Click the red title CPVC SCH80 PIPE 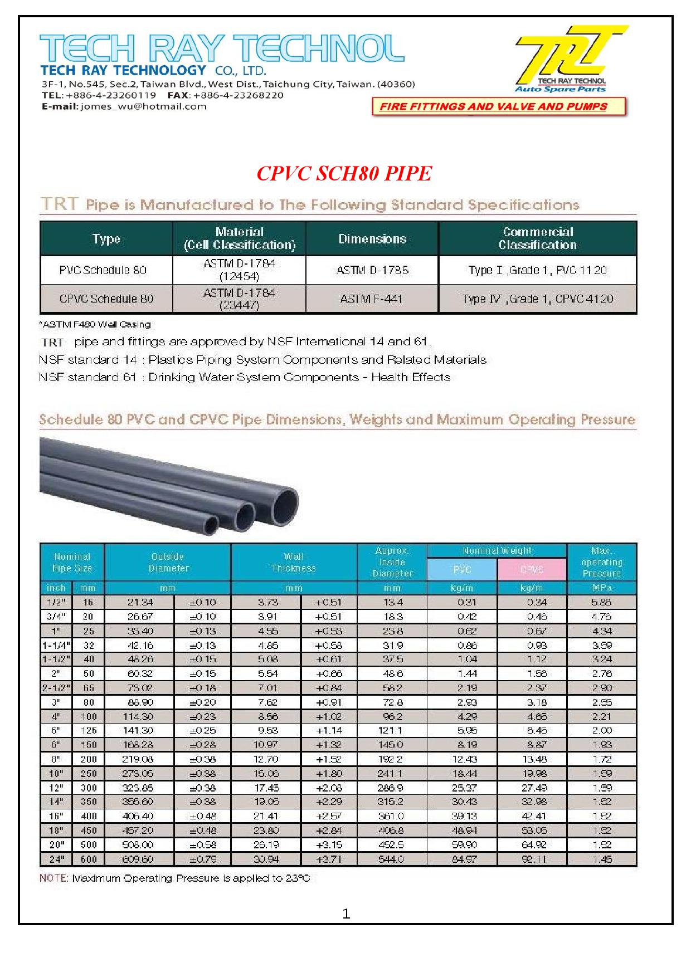[344, 174]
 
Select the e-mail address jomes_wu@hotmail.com [143, 106]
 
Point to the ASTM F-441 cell [372, 299]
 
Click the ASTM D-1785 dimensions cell [372, 270]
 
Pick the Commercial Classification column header [537, 238]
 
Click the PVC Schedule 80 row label [103, 270]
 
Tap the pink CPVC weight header [532, 569]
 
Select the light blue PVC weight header [462, 569]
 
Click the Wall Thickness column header [294, 562]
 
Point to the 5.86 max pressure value [601, 602]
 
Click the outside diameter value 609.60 [139, 859]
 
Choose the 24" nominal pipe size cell [57, 859]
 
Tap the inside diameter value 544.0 [391, 859]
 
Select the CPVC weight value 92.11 [533, 859]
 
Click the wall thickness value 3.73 [266, 602]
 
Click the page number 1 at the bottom [346, 914]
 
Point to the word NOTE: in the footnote [53, 878]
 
